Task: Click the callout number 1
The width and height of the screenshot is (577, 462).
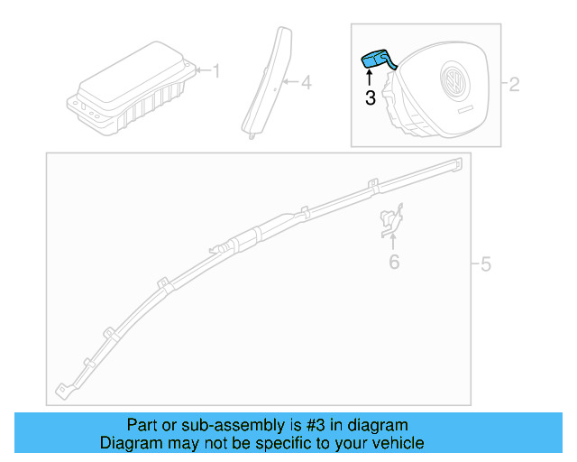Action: tap(215, 69)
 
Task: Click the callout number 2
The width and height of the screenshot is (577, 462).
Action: tap(515, 86)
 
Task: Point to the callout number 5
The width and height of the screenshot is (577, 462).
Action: tap(485, 264)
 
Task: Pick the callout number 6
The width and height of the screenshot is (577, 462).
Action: tap(393, 263)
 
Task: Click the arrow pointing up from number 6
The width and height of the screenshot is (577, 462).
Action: tap(393, 242)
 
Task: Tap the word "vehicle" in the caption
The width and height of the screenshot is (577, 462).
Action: tap(392, 443)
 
